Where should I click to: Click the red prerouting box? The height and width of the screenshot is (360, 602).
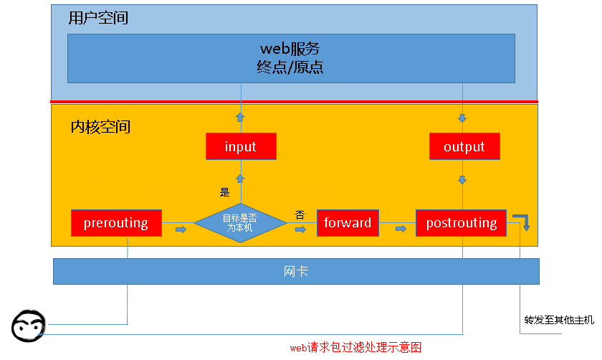pyautogui.click(x=116, y=223)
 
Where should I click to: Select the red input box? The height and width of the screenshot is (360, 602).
pyautogui.click(x=240, y=147)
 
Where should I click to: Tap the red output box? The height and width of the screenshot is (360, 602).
pyautogui.click(x=464, y=147)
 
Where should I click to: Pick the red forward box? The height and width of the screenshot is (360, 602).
pyautogui.click(x=348, y=223)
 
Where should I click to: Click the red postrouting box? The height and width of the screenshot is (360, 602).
pyautogui.click(x=462, y=223)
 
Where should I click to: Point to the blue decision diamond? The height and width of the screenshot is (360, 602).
pyautogui.click(x=241, y=223)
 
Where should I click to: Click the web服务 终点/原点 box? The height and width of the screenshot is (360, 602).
pyautogui.click(x=291, y=58)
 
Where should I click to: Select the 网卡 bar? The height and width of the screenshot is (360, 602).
pyautogui.click(x=296, y=271)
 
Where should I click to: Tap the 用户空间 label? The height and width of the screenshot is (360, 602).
pyautogui.click(x=98, y=19)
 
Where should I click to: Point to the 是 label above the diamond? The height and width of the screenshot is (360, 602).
pyautogui.click(x=224, y=192)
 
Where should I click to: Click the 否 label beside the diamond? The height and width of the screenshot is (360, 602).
pyautogui.click(x=300, y=214)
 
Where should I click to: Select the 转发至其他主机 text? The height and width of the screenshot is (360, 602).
pyautogui.click(x=559, y=320)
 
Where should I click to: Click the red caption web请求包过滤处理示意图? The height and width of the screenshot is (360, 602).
pyautogui.click(x=355, y=348)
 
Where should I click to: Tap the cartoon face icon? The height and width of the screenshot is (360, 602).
pyautogui.click(x=29, y=326)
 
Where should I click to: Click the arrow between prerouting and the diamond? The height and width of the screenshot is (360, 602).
pyautogui.click(x=181, y=229)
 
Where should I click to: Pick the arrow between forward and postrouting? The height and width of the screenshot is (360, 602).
pyautogui.click(x=401, y=229)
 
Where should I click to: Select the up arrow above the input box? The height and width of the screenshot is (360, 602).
pyautogui.click(x=241, y=117)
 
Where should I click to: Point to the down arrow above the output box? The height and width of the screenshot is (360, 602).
pyautogui.click(x=462, y=118)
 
